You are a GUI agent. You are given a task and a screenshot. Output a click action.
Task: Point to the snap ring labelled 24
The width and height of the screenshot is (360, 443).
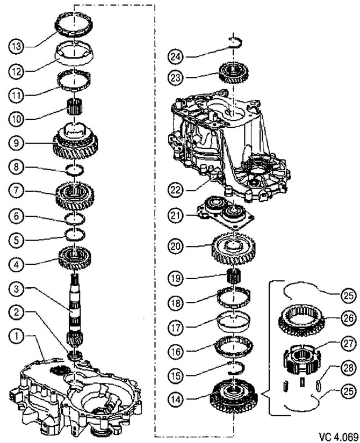pos(235,43)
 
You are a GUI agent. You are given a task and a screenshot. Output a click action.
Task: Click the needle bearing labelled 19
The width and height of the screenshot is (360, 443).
pos(234,279)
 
